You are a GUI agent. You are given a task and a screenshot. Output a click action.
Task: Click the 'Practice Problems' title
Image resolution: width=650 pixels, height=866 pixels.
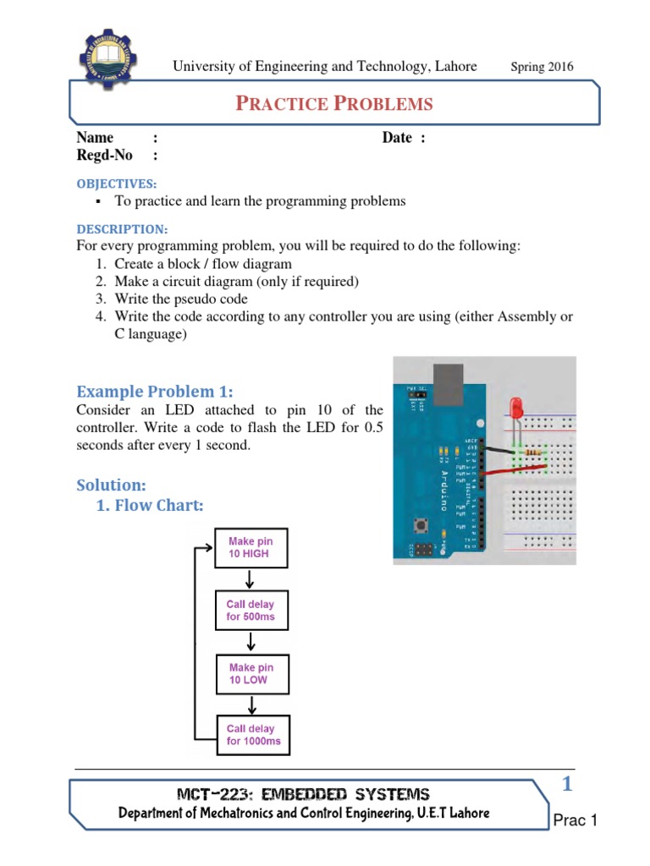[x=333, y=104]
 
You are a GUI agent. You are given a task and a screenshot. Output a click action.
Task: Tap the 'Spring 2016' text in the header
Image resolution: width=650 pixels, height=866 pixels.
[x=543, y=67]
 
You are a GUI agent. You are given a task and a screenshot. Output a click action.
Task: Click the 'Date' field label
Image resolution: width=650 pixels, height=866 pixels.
[x=397, y=138]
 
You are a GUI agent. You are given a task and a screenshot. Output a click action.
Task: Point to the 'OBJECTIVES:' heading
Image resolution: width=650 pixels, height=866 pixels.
[x=117, y=184]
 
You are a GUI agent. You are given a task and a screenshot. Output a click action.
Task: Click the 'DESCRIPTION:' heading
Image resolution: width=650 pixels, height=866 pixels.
[x=122, y=229]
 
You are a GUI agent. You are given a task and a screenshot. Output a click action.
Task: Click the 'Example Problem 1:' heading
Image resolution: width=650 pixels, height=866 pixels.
[x=154, y=392]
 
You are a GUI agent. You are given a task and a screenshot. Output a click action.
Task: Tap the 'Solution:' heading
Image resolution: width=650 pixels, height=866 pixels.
[x=112, y=485]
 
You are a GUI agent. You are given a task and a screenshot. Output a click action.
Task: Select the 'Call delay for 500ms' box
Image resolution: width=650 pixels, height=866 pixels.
[x=251, y=611]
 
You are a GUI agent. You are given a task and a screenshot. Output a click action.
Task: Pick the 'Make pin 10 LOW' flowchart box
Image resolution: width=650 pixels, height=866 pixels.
[x=251, y=673]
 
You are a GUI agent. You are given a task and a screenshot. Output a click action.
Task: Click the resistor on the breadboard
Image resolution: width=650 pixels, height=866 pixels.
[x=533, y=453]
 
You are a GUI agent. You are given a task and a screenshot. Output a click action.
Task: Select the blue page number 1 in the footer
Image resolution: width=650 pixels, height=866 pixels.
[x=568, y=785]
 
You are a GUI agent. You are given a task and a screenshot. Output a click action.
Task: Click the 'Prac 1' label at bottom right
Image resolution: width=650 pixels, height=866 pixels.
[x=576, y=820]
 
